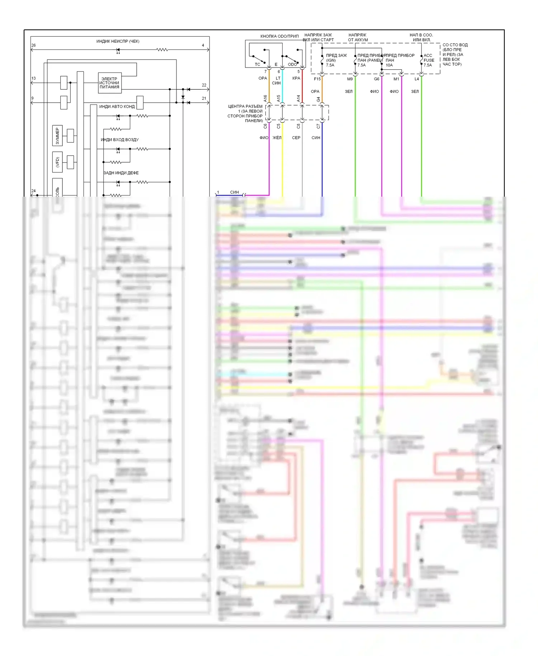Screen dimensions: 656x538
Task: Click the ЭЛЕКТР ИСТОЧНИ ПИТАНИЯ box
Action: (x=109, y=83)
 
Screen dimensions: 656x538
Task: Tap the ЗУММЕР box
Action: (x=57, y=136)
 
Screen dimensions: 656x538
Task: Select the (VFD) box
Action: (x=57, y=162)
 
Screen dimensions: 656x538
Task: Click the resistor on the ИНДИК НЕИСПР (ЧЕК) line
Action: (x=162, y=50)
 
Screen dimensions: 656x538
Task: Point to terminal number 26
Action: (x=33, y=45)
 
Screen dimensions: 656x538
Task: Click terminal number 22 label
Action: (x=204, y=85)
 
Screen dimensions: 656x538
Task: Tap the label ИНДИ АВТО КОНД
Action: (x=117, y=107)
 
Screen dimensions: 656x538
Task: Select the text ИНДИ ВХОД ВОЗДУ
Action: (x=120, y=140)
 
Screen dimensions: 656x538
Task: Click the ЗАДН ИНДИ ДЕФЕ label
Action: (x=121, y=173)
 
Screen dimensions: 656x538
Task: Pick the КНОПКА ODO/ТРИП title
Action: (x=279, y=36)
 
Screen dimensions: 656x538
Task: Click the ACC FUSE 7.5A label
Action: (x=429, y=60)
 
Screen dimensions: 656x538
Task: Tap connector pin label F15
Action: (x=317, y=79)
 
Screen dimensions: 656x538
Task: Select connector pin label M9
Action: (x=350, y=79)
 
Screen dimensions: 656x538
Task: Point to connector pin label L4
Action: (x=417, y=79)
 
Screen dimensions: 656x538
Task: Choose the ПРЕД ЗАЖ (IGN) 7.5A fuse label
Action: (x=336, y=60)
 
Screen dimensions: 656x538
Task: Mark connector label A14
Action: (x=298, y=98)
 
